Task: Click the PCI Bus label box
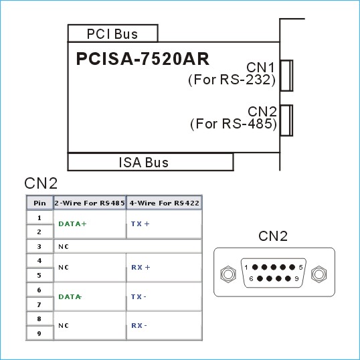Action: pyautogui.click(x=112, y=33)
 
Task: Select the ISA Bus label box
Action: pyautogui.click(x=151, y=162)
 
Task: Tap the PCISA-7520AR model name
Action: pyautogui.click(x=143, y=59)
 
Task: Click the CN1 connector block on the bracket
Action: pyautogui.click(x=286, y=76)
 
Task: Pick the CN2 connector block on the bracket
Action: pyautogui.click(x=286, y=120)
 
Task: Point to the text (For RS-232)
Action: pyautogui.click(x=232, y=80)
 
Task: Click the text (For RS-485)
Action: pyautogui.click(x=234, y=124)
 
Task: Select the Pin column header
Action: pyautogui.click(x=39, y=203)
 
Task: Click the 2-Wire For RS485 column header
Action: pyautogui.click(x=90, y=203)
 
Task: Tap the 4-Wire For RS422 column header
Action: pyautogui.click(x=164, y=203)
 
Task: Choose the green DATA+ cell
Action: pyautogui.click(x=72, y=224)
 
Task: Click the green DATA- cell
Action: pyautogui.click(x=70, y=296)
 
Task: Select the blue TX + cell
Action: pyautogui.click(x=141, y=224)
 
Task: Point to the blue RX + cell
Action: pyautogui.click(x=141, y=267)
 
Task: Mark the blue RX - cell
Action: pyautogui.click(x=139, y=325)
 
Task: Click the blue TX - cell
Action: pyautogui.click(x=139, y=296)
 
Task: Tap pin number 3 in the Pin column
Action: pyautogui.click(x=39, y=247)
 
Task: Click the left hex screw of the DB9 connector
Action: pyautogui.click(x=228, y=274)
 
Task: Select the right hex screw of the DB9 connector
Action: pyautogui.click(x=319, y=274)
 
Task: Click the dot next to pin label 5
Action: pyautogui.click(x=292, y=267)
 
